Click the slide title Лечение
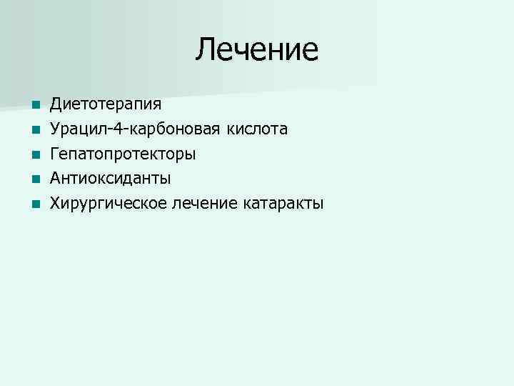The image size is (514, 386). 257,49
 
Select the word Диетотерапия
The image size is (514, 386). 106,104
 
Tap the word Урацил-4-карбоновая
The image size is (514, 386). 135,129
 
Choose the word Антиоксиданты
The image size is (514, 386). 110,179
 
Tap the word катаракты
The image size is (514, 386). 283,204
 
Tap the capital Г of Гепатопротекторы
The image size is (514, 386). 54,154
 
